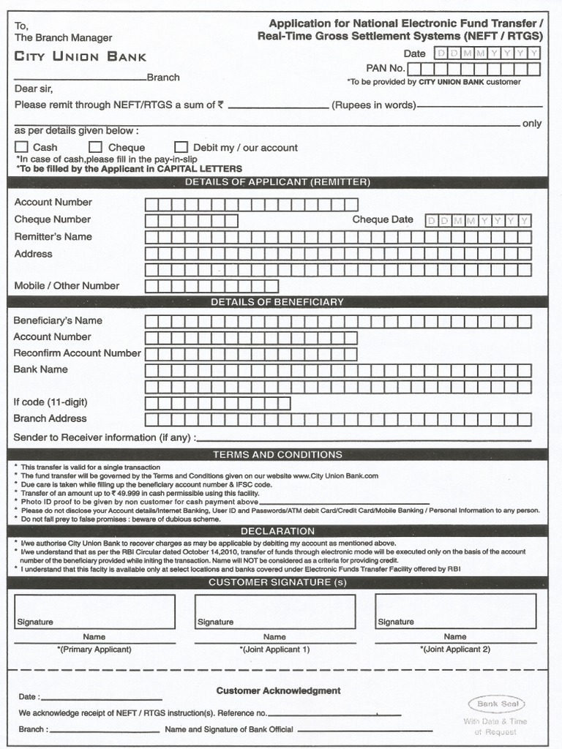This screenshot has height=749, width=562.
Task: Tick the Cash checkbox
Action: click(21, 147)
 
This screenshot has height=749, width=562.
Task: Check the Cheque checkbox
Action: click(95, 147)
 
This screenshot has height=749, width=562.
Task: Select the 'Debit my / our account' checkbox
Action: click(181, 147)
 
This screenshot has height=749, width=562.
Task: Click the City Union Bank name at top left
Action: click(80, 56)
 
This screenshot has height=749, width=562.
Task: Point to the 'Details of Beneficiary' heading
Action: click(277, 301)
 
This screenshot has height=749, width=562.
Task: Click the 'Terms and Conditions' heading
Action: click(277, 454)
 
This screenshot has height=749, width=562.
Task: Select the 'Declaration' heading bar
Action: click(277, 531)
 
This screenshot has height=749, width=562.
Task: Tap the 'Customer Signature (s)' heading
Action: click(277, 582)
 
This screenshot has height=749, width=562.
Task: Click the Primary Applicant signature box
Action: click(95, 611)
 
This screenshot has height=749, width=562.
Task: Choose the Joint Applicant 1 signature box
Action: click(275, 611)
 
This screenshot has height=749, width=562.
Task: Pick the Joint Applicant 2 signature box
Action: click(455, 611)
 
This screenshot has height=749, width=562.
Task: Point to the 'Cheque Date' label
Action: click(383, 219)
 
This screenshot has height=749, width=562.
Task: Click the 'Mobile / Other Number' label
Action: click(67, 286)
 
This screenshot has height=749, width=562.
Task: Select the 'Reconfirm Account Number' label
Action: click(77, 353)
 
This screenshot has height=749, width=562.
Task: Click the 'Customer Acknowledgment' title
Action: click(278, 690)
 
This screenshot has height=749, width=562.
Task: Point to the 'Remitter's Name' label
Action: click(53, 237)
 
